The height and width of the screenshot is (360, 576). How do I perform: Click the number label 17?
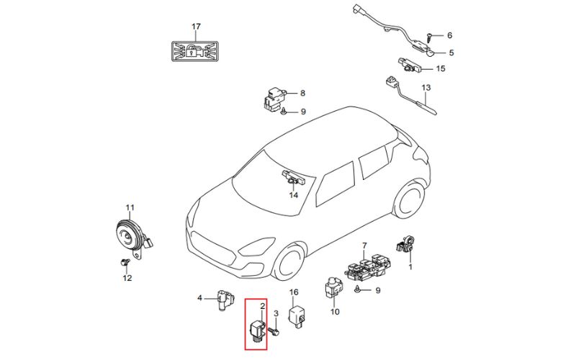tap(196, 27)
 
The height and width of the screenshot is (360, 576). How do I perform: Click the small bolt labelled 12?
tap(124, 263)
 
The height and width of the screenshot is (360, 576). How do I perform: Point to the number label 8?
tap(302, 93)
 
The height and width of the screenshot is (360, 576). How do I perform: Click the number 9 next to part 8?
tap(303, 112)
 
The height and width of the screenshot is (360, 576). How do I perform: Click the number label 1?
tap(411, 266)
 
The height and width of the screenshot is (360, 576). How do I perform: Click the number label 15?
tap(441, 68)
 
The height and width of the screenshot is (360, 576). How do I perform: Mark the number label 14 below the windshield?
tap(293, 194)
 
